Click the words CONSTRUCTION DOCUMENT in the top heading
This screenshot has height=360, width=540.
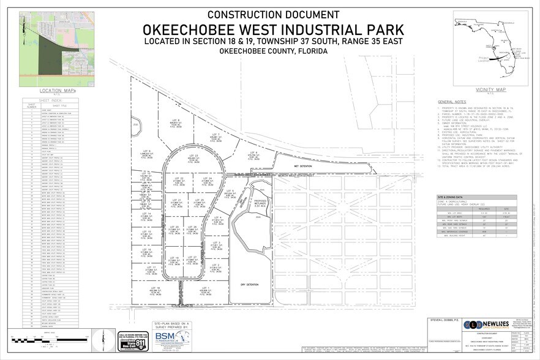pos(273,14)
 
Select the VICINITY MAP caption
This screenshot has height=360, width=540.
pos(487,89)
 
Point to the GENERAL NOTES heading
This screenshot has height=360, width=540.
pos(452,102)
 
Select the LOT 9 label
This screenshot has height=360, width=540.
pos(146,152)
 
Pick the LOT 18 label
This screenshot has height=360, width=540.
pos(154,288)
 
